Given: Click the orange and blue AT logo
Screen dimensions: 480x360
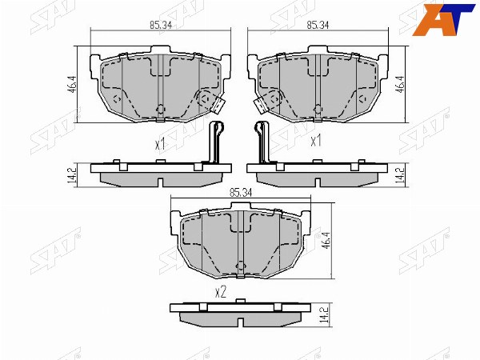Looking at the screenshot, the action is (x=445, y=19).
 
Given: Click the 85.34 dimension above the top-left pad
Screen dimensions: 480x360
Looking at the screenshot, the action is (x=161, y=25).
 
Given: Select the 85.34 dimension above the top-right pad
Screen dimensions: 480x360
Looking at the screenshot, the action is (x=318, y=25).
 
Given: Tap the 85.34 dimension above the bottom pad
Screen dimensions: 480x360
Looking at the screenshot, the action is (x=241, y=193).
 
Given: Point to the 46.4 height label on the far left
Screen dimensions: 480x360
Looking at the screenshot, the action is (x=72, y=85).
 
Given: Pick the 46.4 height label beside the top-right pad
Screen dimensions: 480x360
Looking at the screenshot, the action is (x=402, y=85).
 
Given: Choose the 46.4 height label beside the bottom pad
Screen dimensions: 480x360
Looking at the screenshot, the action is (x=326, y=241).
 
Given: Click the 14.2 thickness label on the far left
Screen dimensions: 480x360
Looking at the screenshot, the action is (x=72, y=175).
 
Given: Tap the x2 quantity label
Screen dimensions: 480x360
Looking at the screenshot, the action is (x=221, y=293).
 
